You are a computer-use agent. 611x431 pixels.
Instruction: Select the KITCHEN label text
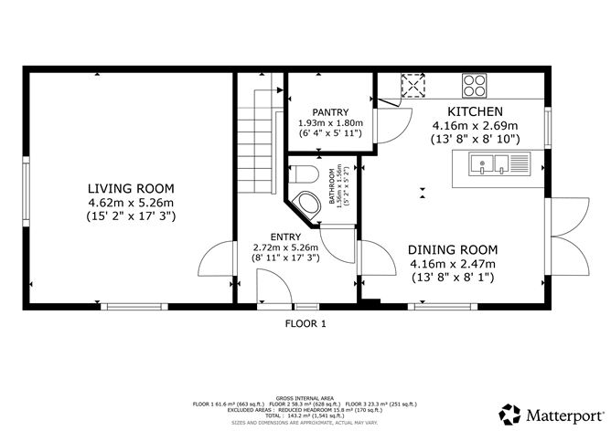coord(475,111)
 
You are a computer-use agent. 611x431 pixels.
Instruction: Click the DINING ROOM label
coord(452,249)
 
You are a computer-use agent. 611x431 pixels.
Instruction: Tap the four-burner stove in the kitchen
coord(475,86)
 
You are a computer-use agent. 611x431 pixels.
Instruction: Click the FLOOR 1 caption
coord(305,323)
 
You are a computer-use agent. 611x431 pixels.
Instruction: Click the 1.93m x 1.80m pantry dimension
coord(330,123)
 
